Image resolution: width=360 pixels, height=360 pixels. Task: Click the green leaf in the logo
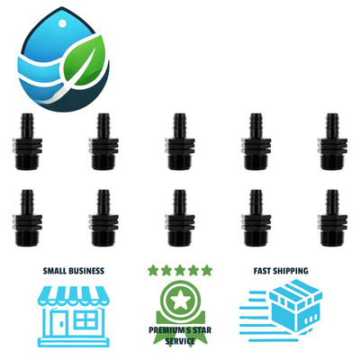[x=85, y=60]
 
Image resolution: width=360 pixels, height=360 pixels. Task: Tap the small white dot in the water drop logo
[x=63, y=23]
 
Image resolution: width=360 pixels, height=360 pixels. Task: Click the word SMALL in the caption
[x=55, y=271]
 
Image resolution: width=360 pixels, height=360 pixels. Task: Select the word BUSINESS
[x=87, y=271]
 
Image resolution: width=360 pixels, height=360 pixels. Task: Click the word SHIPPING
[x=290, y=271]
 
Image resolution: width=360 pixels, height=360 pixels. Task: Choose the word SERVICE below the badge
[x=180, y=341]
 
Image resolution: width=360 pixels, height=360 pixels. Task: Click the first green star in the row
[x=153, y=270]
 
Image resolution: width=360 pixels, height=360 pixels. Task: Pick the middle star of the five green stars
[x=180, y=270]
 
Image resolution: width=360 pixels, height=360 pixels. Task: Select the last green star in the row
[x=207, y=270]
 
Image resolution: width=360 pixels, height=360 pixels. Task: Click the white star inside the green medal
[x=180, y=301]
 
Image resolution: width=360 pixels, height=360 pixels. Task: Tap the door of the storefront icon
[x=61, y=323]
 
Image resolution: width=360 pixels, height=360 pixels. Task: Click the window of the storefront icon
[x=85, y=319]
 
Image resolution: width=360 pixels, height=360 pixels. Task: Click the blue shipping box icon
[x=295, y=304]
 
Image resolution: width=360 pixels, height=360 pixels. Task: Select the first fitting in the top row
[x=27, y=141]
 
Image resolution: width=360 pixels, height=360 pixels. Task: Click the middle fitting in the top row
[x=180, y=141]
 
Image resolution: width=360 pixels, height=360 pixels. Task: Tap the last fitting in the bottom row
[x=332, y=218]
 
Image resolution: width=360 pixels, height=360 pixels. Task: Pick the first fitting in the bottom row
[x=27, y=218]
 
